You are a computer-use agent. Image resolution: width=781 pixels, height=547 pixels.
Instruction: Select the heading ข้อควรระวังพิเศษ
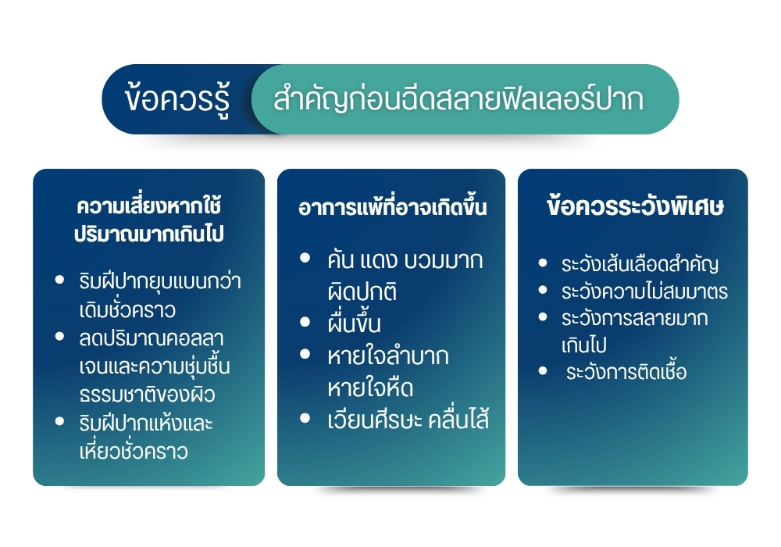point(635,206)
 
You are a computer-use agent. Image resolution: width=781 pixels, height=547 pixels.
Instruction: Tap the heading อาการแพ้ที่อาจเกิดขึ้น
point(393,207)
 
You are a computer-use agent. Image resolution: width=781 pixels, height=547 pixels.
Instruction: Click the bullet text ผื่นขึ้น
point(354,324)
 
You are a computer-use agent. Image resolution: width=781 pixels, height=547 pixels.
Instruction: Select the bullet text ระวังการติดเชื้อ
point(626,372)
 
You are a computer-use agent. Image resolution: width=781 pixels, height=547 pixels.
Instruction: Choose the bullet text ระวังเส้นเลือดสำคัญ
point(640,264)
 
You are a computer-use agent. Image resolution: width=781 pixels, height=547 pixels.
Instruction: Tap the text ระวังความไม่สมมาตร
point(644,291)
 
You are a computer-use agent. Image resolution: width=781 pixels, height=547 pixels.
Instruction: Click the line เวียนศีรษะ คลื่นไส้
point(408,420)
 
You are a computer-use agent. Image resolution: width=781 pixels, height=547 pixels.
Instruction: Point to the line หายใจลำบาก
point(388,356)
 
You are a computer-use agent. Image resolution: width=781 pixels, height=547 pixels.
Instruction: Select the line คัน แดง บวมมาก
point(405,260)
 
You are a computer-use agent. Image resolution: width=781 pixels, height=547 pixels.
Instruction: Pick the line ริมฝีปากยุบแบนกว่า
point(160,281)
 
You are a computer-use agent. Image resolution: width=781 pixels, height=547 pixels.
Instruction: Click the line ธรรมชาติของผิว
point(148,395)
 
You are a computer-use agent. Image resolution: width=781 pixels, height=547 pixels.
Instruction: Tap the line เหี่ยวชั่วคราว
point(134,452)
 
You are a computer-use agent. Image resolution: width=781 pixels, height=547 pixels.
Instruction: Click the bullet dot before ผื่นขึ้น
point(305,322)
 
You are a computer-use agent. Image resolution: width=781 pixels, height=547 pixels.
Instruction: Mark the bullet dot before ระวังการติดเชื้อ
point(543,370)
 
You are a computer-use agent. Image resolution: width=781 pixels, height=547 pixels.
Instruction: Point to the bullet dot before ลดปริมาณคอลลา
point(60,337)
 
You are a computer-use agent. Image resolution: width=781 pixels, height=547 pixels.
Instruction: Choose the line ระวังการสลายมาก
point(634,318)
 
